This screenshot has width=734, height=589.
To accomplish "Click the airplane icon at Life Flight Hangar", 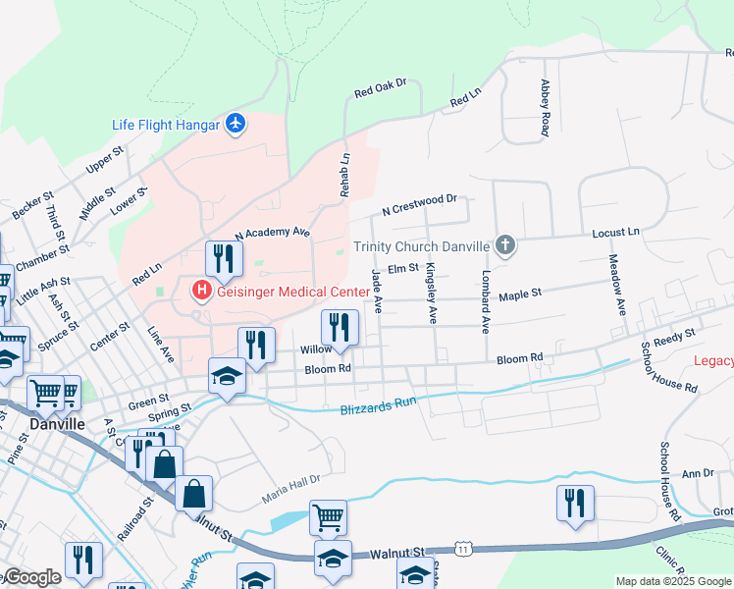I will coord(235,125).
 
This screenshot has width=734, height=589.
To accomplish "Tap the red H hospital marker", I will coord(201,291).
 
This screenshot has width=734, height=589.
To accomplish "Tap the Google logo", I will coord(32,577).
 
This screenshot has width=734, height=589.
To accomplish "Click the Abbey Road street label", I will coord(544,109).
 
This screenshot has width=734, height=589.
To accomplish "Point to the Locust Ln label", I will coord(615,232).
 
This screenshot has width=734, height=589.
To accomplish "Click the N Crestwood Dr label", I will coord(420,204).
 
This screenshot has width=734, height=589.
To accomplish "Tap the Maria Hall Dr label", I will coord(291,486).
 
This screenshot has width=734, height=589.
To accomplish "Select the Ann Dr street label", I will coord(698,473).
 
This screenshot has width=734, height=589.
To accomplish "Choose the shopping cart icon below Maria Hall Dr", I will coord(328,515).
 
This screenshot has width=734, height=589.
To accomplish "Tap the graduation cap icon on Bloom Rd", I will coord(227,376).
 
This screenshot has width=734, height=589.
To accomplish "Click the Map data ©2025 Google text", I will coord(673,581).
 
